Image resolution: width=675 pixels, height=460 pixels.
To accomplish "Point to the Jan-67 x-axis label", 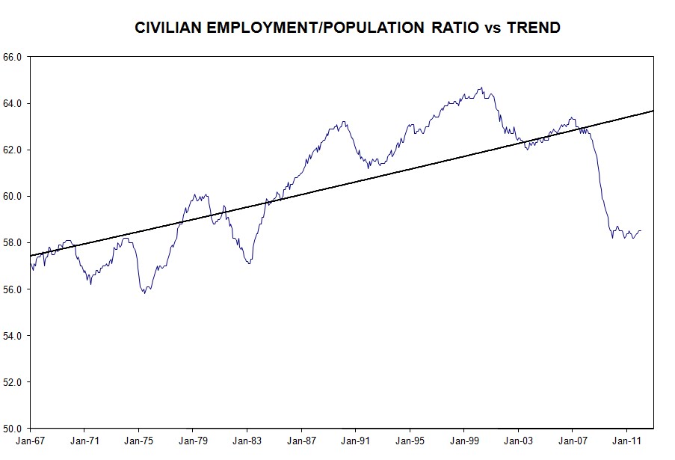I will (30, 442).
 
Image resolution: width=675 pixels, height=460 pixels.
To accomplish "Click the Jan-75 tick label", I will (138, 442).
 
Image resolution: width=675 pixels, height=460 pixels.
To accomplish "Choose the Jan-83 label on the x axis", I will (247, 442).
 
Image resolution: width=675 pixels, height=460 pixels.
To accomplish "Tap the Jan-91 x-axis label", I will (355, 442).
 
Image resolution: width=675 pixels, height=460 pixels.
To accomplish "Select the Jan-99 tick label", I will (463, 442).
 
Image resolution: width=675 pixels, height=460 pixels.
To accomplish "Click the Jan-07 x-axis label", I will (572, 442).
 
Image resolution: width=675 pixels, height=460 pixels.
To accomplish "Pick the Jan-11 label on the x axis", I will (626, 442).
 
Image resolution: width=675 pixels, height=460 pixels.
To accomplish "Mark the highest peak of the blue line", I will (481, 88).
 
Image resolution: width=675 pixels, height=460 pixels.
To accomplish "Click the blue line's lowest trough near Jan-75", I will (144, 292).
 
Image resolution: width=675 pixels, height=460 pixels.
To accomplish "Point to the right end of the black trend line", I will (653, 111).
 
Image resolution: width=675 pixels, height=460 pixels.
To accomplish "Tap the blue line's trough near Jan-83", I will (249, 263).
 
